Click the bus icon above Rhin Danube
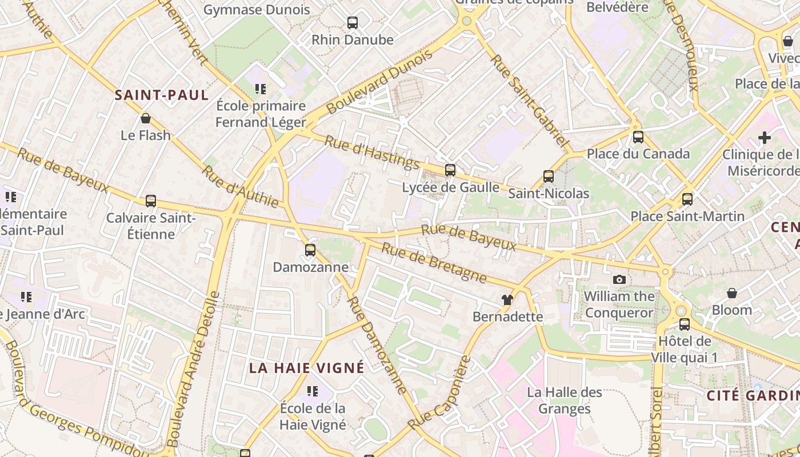pos(353,23)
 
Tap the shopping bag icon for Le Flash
pos(146,118)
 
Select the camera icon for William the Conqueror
pos(619,279)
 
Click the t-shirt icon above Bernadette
pos(507,299)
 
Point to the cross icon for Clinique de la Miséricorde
pos(764,138)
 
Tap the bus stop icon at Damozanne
pos(310,250)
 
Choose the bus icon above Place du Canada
pos(638,137)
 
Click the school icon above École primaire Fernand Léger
pos(261,89)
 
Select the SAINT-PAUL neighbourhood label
pos(162,95)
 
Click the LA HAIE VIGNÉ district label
pos(306,368)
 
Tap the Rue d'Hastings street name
pos(372,152)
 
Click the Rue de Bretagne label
pos(434,262)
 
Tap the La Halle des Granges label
pos(565,400)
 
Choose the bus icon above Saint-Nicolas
pos(549,177)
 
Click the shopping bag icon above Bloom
pos(732,293)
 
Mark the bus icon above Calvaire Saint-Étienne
pos(151,201)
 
